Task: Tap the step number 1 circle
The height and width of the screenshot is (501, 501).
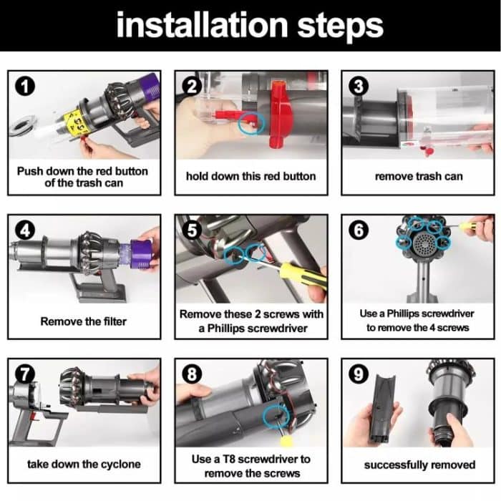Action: coord(25,87)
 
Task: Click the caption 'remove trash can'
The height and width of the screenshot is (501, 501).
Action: coord(419,176)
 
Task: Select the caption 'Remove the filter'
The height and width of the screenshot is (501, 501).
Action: coord(84,321)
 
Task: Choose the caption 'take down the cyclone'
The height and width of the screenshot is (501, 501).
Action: coord(84,464)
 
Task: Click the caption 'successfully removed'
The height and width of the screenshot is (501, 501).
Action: coord(419,464)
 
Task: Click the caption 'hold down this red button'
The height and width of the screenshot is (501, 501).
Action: coord(250,176)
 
